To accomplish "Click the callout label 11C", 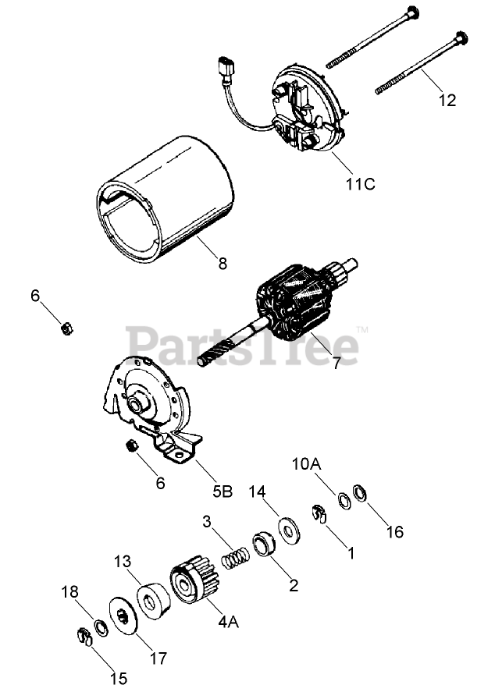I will tap(361, 184).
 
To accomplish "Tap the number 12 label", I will tap(448, 101).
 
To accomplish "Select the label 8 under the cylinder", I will tap(223, 264).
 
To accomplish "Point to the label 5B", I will tap(223, 491).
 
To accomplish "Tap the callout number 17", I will tap(158, 658).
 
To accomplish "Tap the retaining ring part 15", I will tap(85, 637).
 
